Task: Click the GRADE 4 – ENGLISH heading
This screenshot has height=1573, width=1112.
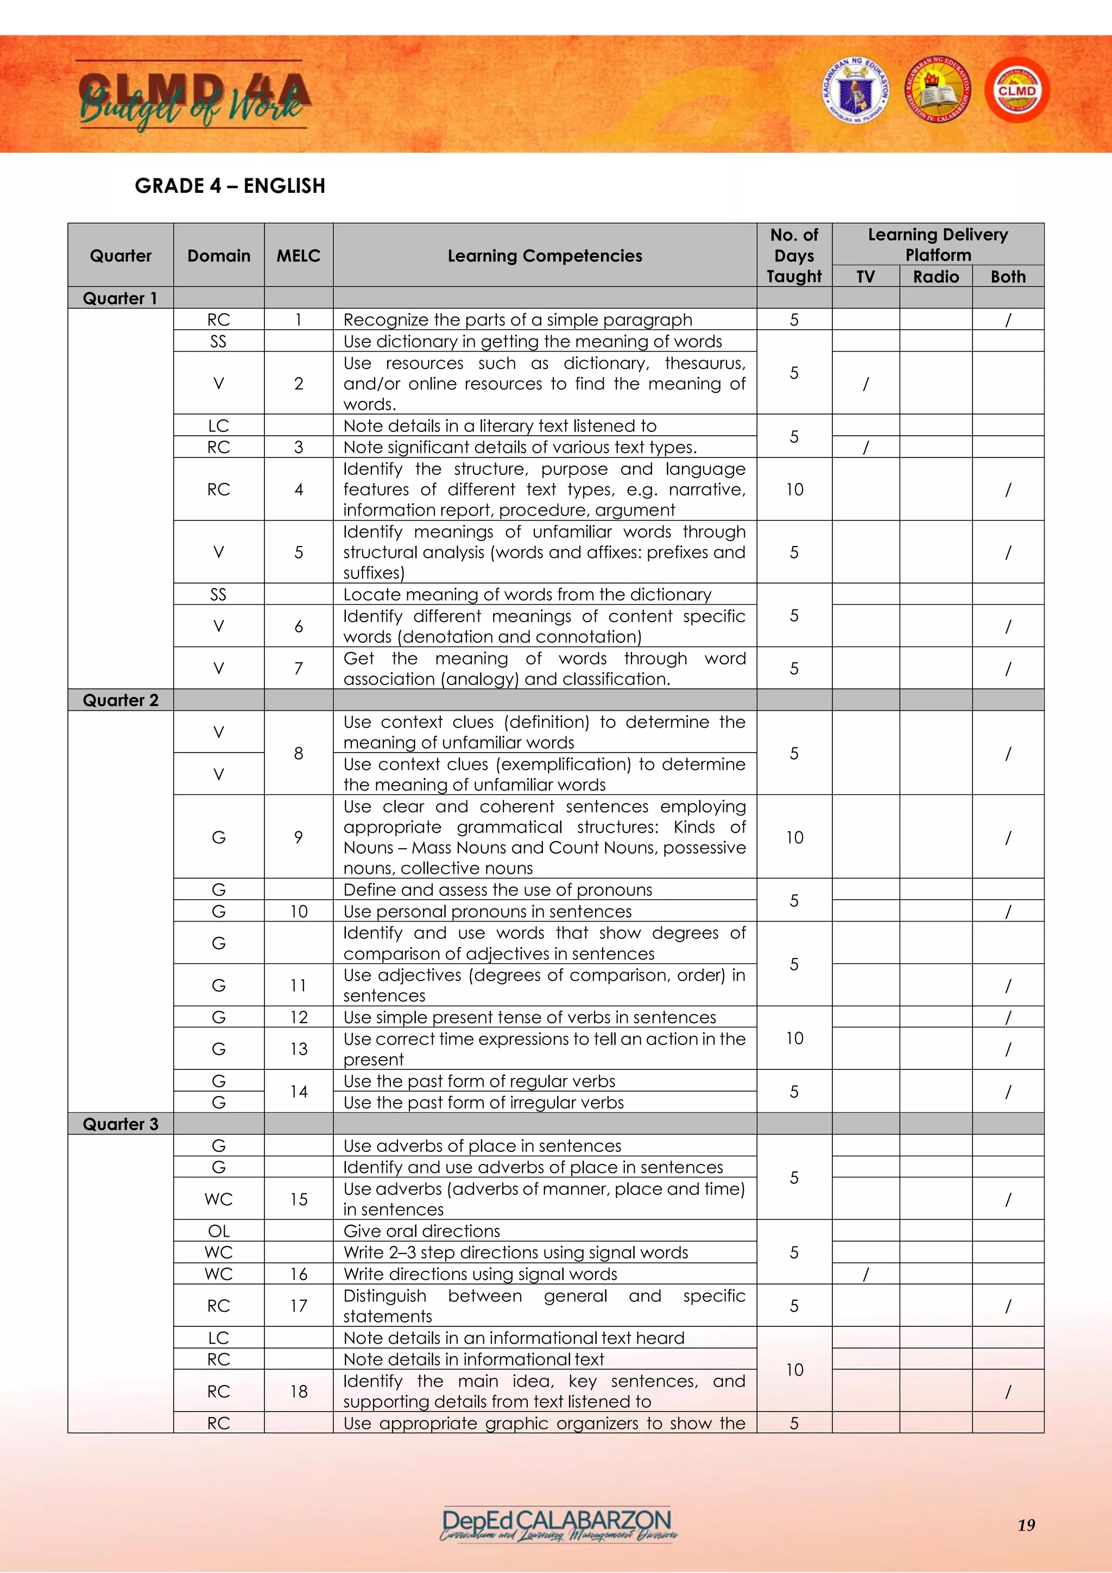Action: [230, 186]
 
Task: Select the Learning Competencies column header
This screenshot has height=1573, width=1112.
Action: [545, 255]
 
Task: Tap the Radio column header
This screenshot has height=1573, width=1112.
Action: [936, 276]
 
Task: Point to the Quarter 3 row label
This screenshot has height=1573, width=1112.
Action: [121, 1124]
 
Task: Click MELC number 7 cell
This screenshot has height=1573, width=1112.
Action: [299, 668]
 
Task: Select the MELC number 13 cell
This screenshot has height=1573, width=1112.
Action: [299, 1048]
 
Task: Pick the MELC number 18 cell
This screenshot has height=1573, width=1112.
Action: [299, 1391]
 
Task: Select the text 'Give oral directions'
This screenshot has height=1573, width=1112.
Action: [422, 1231]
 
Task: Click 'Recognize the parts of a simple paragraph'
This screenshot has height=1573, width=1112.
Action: [517, 319]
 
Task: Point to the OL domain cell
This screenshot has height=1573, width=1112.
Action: [218, 1231]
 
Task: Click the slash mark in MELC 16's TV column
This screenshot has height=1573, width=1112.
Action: [865, 1274]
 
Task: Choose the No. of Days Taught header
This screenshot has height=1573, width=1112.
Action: [794, 255]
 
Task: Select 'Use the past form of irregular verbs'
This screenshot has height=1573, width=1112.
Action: [483, 1102]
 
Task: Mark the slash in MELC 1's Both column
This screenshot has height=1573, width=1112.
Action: [1007, 319]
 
